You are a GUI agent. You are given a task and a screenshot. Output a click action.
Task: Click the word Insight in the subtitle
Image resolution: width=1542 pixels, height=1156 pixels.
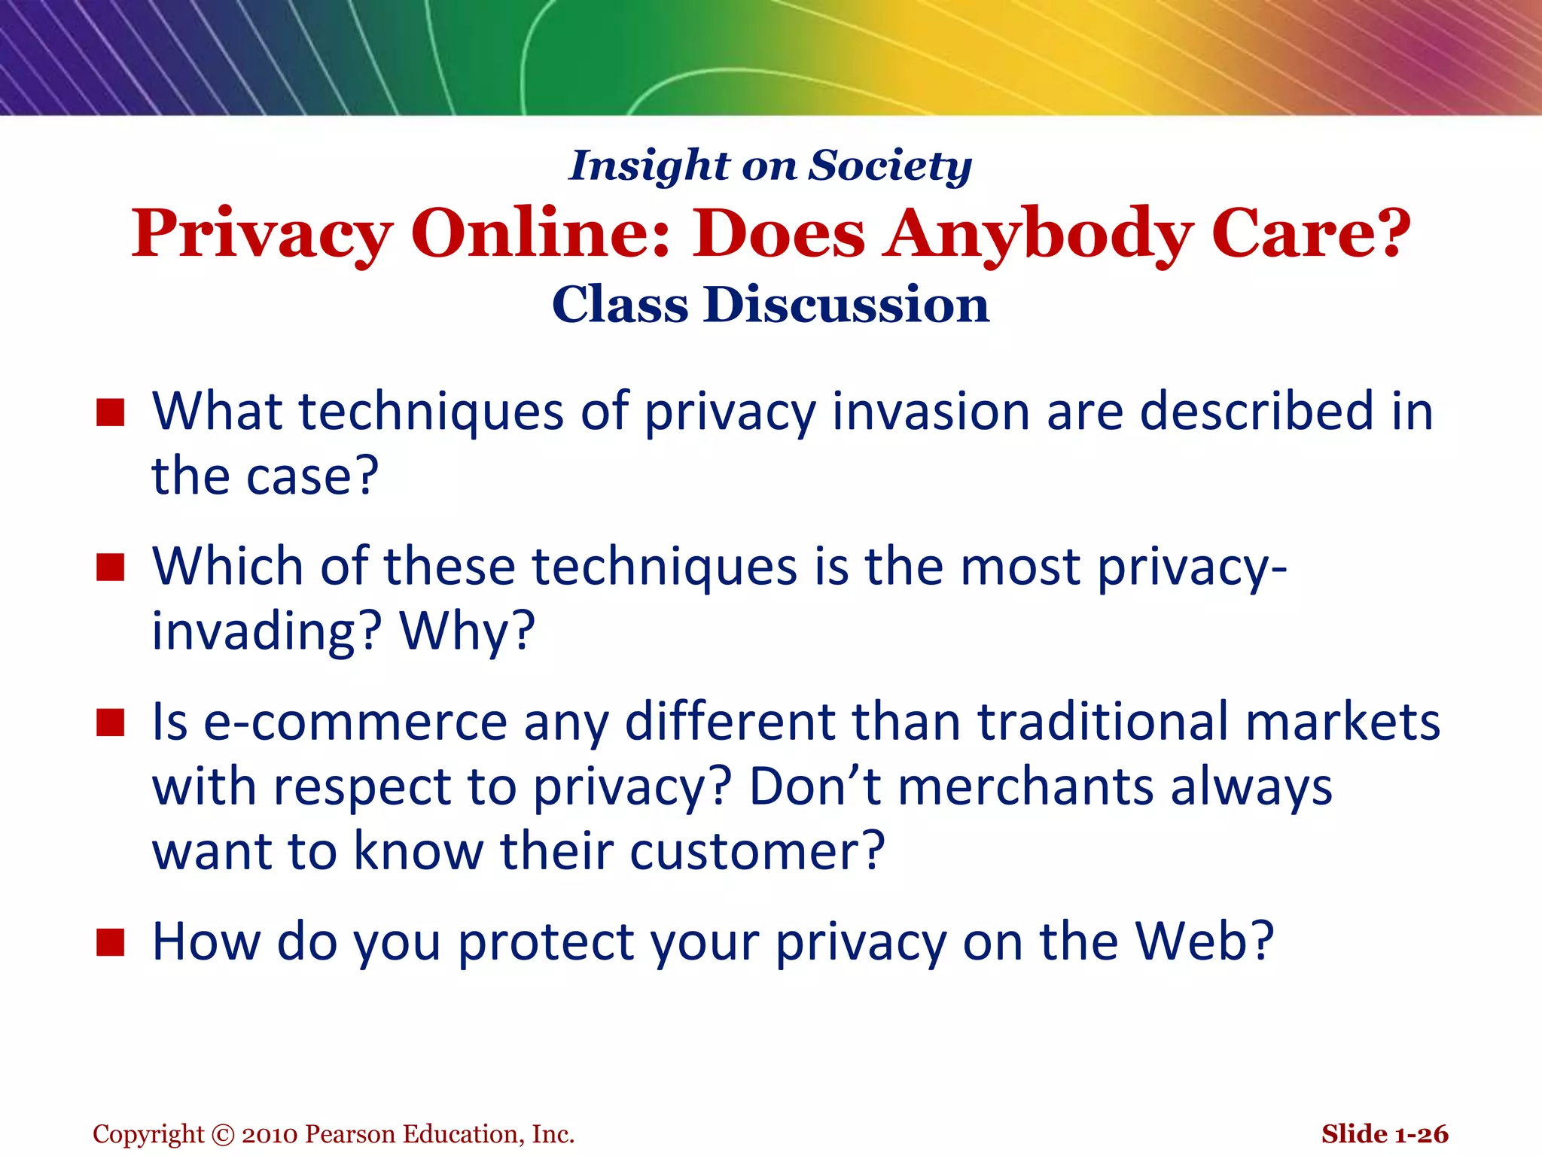[649, 166]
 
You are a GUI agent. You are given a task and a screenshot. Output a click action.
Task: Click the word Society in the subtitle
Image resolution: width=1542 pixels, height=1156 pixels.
[890, 166]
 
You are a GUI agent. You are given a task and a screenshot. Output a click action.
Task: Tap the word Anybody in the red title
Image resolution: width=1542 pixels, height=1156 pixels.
[1038, 233]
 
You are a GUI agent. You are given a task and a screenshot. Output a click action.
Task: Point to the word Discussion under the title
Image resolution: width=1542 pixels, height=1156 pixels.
[846, 305]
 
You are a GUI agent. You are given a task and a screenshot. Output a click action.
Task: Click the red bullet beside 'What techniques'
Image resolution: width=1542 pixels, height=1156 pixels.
[110, 412]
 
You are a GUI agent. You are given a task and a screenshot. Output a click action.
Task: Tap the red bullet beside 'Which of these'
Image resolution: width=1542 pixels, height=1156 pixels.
[110, 567]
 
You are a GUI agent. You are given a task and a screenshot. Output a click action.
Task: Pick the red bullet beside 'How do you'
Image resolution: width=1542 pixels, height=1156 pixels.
[110, 942]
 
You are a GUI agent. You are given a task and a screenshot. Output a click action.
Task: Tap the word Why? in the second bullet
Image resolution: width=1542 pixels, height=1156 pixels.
[467, 631]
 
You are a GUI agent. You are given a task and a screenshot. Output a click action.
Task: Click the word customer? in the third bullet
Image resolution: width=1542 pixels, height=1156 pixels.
[757, 851]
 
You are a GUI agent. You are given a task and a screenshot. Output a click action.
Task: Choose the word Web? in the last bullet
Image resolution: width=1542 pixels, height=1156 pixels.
[1205, 942]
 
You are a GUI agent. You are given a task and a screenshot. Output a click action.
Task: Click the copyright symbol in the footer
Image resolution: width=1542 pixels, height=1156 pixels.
[223, 1134]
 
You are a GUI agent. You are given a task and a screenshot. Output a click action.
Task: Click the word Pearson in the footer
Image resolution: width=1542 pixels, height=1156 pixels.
[351, 1134]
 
